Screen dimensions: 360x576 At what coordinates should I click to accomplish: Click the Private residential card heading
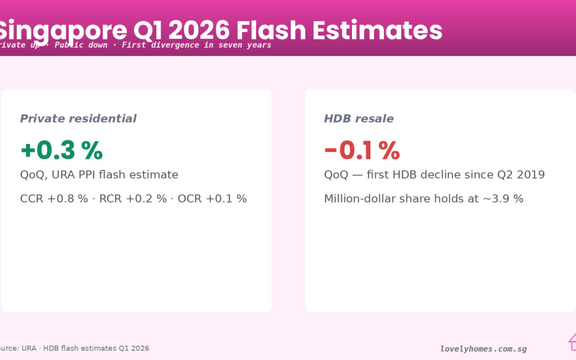[x=78, y=118]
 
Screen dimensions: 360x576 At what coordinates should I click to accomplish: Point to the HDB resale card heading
[x=359, y=118]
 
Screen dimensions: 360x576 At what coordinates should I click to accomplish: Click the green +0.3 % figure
[x=61, y=151]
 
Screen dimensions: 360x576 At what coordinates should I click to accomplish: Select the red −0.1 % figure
[x=362, y=151]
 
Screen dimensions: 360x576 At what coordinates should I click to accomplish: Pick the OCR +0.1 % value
[x=212, y=199]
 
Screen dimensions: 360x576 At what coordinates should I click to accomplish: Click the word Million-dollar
[x=363, y=199]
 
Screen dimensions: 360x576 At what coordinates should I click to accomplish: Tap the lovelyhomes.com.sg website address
[x=483, y=349]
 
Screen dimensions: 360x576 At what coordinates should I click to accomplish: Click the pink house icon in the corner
[x=572, y=341]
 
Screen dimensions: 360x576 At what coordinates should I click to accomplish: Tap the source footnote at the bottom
[x=75, y=348]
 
